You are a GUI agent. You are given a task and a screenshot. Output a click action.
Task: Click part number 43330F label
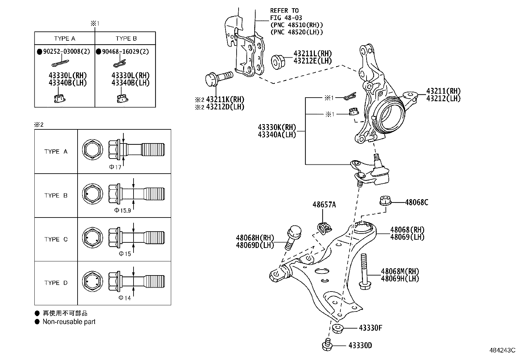point(370,328)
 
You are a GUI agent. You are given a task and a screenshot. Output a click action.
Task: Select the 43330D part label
point(360,346)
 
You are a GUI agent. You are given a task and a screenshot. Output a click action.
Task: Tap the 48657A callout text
point(324,205)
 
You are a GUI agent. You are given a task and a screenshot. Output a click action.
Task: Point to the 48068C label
point(416,202)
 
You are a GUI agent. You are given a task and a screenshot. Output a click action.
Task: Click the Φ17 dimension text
point(115,167)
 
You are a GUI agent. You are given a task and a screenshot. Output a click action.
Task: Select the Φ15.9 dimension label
point(122,210)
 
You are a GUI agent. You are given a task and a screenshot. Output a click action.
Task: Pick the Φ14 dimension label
point(124,298)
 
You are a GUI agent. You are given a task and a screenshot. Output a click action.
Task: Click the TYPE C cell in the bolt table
point(56,239)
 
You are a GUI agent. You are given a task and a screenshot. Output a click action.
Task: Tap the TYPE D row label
point(56,283)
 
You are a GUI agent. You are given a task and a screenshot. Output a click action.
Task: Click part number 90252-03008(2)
point(66,52)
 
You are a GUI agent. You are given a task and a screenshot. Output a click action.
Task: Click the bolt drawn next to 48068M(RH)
point(364,272)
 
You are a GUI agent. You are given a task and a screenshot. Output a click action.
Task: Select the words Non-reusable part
point(69,322)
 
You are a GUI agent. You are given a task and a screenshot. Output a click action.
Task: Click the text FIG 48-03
point(286,18)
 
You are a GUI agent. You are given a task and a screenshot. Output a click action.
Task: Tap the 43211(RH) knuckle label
point(443,91)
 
